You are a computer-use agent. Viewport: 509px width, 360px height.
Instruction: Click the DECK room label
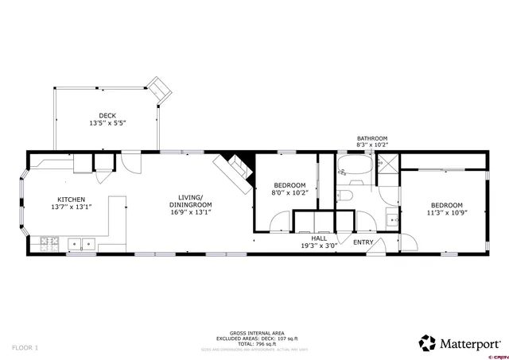point(107,115)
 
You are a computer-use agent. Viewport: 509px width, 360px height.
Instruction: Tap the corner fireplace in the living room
point(234,167)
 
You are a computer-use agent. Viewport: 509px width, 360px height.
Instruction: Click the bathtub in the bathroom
point(353,168)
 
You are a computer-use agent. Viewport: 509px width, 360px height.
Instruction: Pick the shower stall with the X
point(387,168)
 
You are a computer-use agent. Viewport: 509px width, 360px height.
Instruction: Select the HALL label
point(318,238)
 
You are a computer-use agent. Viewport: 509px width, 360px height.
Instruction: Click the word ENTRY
point(363,242)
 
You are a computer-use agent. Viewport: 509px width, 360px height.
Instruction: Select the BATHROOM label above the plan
point(371,138)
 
